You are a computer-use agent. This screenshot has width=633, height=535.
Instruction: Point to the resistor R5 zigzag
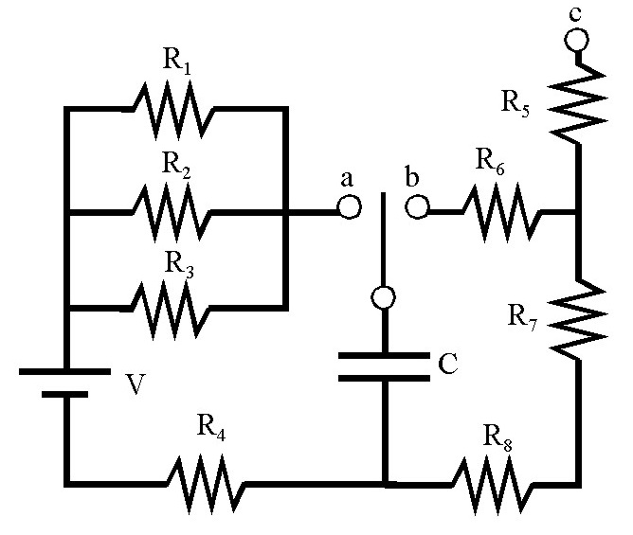point(576,99)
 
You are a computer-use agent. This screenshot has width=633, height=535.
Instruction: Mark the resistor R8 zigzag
point(493,483)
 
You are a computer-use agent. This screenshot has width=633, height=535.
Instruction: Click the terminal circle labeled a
point(349,207)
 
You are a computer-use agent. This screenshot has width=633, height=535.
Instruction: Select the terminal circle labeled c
point(576,40)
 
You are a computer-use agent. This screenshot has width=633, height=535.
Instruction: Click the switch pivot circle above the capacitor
point(383,298)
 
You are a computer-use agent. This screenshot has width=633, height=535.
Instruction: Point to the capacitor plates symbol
point(383,366)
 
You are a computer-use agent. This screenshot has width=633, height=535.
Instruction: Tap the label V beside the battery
point(136,386)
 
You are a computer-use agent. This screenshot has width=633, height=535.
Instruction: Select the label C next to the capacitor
point(447,363)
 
